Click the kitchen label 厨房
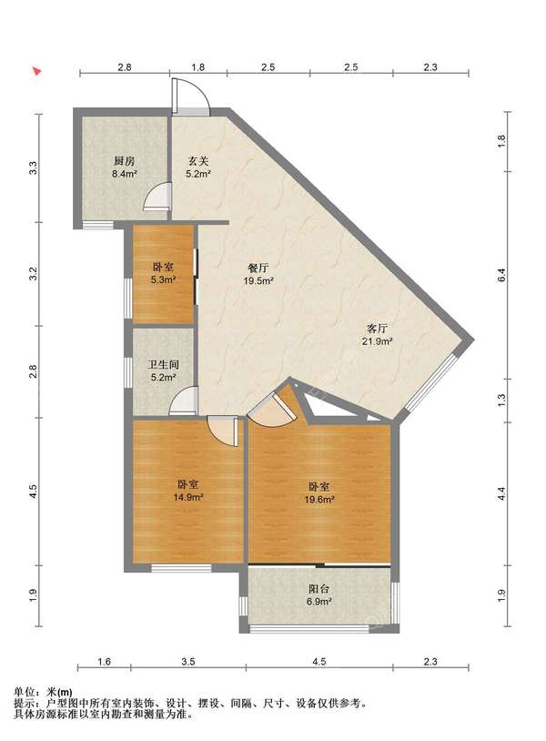(125, 161)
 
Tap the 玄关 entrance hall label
(198, 161)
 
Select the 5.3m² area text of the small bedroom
(163, 279)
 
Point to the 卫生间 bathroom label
(164, 365)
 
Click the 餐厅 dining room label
(258, 268)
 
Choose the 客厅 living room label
(378, 329)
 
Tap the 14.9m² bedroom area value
(188, 497)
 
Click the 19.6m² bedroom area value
(319, 499)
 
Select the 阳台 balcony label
(318, 589)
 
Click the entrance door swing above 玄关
(191, 96)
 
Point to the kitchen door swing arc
(157, 196)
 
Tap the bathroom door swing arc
(184, 401)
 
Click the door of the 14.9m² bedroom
(223, 431)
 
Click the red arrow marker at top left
(36, 72)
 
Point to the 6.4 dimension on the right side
(501, 275)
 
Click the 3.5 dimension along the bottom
(188, 662)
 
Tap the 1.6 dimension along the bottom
(105, 662)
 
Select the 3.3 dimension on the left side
(33, 167)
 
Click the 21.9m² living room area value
(378, 340)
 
